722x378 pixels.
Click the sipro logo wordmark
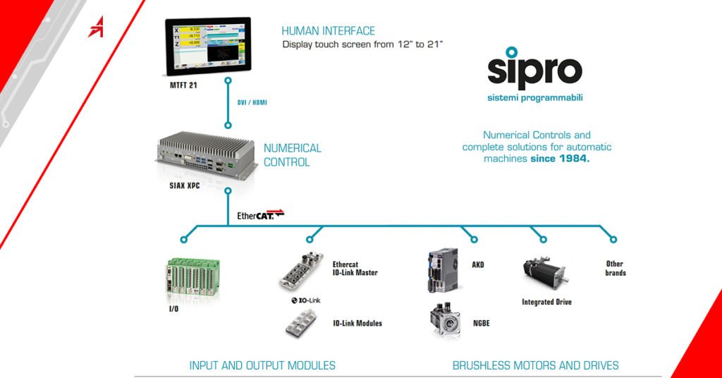(534, 68)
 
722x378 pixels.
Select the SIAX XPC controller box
(204, 154)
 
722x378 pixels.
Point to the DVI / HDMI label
(251, 103)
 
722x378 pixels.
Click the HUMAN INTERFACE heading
(328, 31)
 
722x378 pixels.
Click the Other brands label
(615, 269)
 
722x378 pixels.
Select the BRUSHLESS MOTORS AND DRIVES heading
(535, 365)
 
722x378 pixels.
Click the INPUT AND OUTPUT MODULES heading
(262, 365)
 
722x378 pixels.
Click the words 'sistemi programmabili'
(535, 98)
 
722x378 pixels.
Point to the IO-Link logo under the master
(306, 300)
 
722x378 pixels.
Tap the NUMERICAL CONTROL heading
(292, 154)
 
